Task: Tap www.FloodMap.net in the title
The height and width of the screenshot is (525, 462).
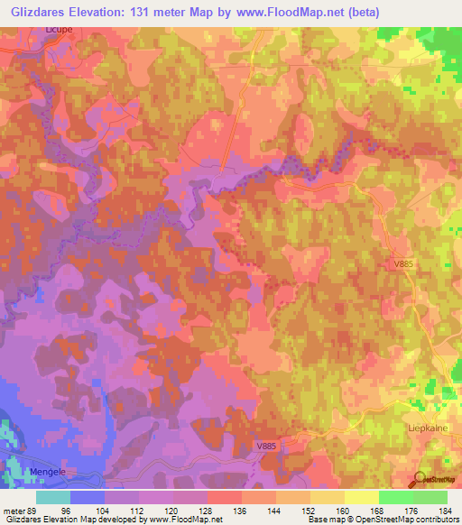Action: pos(297,12)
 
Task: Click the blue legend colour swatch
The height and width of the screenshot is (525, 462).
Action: pos(88,497)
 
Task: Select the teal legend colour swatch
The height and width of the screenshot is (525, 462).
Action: pos(53,497)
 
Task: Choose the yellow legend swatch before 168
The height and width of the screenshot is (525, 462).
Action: pos(362,497)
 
